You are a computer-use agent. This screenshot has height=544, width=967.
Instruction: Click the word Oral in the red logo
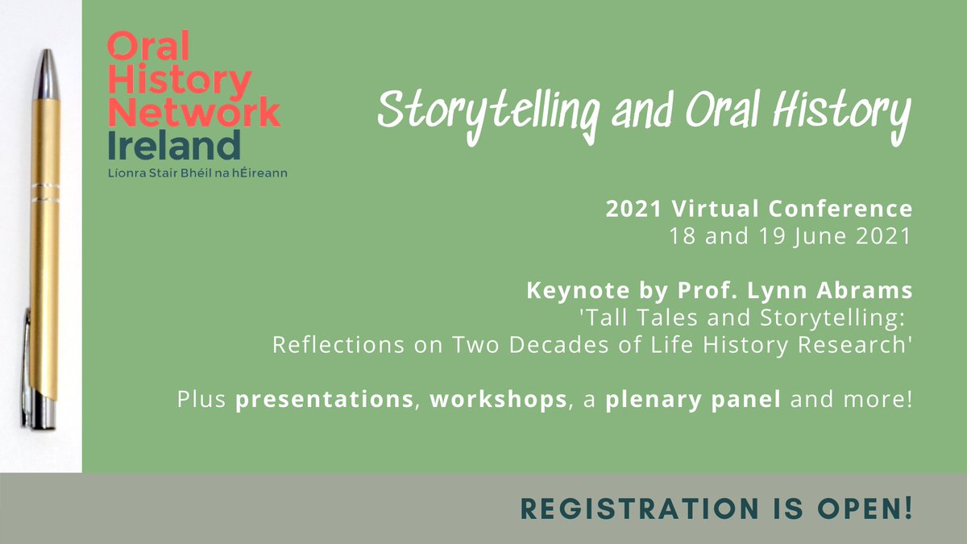(x=148, y=49)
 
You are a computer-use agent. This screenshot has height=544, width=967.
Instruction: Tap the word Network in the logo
(x=194, y=112)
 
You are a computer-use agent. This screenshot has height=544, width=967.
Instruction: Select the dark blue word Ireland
(x=174, y=145)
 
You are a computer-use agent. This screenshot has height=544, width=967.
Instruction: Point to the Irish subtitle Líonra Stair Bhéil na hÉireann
(x=197, y=173)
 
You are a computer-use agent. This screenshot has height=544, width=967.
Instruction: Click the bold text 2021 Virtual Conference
(x=759, y=210)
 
